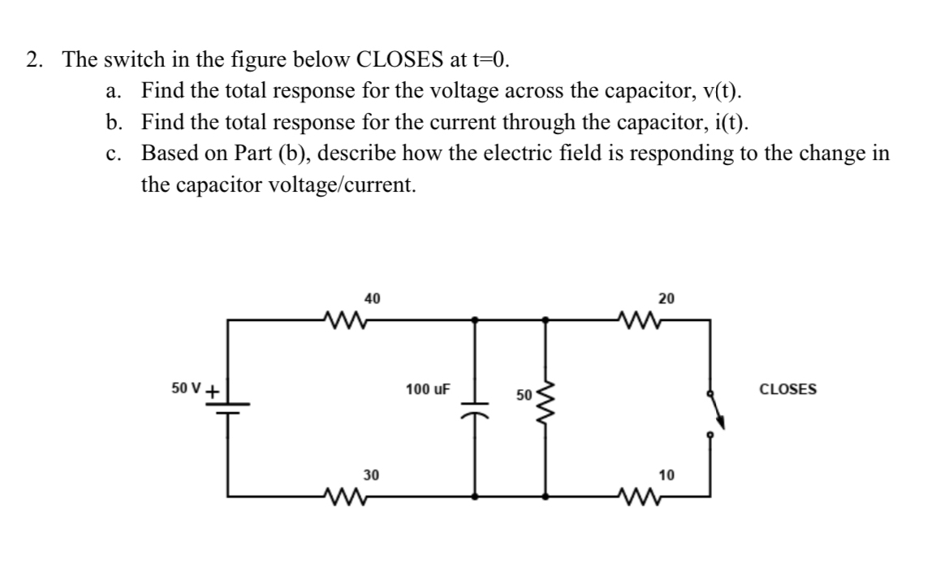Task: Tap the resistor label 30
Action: pos(370,473)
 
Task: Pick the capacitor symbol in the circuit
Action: pos(475,404)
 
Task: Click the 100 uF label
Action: pos(428,389)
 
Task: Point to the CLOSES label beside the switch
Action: pos(788,389)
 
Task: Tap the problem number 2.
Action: pos(33,60)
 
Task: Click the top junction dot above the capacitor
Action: pos(475,319)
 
